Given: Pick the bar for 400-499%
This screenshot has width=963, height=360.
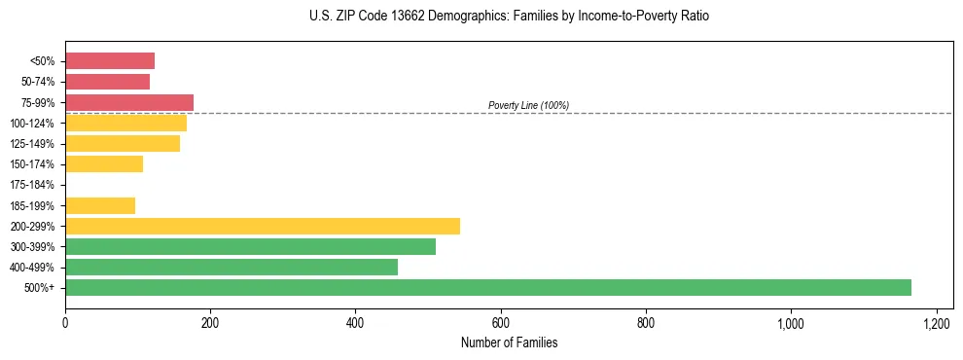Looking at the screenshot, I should [232, 267].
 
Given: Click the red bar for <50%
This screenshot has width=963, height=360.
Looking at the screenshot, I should [110, 61].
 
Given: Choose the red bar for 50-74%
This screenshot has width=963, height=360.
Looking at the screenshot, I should [107, 82].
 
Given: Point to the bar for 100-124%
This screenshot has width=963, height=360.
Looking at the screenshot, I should [125, 123].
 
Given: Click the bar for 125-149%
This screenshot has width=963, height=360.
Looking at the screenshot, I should [123, 144].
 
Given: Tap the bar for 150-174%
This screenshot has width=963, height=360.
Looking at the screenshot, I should [104, 164].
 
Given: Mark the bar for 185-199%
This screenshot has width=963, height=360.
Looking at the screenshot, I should [100, 205].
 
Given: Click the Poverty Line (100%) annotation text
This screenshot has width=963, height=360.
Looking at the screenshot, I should [528, 105].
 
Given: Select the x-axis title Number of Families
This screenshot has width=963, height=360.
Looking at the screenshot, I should [509, 342].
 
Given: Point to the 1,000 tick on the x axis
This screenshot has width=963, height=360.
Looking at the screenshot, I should [791, 323].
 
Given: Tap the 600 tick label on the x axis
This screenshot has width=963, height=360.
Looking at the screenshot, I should [500, 323].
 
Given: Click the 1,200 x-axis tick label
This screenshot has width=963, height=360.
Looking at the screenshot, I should [936, 323].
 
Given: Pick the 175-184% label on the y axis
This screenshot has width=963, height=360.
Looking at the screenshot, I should [36, 185].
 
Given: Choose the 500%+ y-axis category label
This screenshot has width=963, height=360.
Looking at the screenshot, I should [42, 288].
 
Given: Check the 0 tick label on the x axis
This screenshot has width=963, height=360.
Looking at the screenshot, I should [65, 323].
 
